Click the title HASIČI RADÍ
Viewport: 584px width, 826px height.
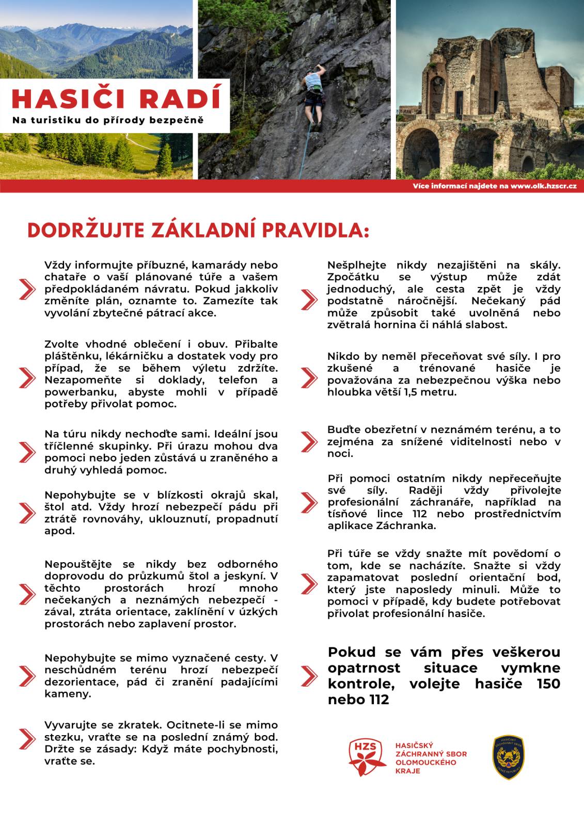(x=116, y=98)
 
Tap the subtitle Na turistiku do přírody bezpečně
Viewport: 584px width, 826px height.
(x=108, y=120)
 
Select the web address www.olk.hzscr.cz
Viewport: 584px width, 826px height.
(x=543, y=186)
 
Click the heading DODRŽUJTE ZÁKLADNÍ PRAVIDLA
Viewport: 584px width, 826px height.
(x=198, y=231)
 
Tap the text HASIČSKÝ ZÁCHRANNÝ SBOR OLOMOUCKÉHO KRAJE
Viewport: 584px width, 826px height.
(x=431, y=758)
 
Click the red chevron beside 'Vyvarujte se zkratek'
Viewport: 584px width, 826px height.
(x=26, y=738)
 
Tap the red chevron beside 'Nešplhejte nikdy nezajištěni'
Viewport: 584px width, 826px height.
(x=308, y=299)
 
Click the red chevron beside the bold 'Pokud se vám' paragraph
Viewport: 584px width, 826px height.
(x=308, y=675)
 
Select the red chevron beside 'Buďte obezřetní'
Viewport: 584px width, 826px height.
(x=308, y=441)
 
